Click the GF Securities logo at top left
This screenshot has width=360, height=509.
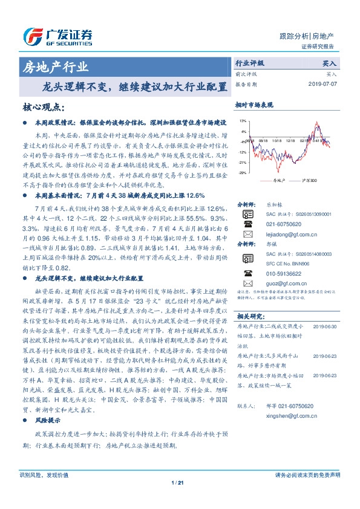click(57, 34)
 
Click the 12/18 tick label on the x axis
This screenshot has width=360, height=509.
click(290, 140)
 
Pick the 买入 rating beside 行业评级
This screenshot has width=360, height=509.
click(330, 63)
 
